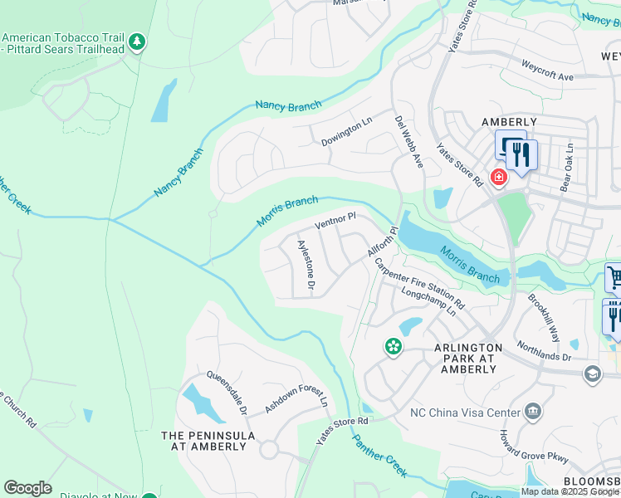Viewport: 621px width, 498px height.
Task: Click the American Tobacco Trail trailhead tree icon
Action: [x=138, y=41]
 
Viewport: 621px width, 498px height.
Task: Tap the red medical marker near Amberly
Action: [x=498, y=177]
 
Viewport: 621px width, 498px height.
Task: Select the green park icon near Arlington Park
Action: [x=392, y=345]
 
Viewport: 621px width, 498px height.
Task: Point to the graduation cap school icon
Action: [x=592, y=374]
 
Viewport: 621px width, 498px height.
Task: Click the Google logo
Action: [x=27, y=488]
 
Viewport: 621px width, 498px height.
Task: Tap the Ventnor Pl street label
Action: [x=335, y=221]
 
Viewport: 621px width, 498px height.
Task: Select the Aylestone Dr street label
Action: [x=306, y=264]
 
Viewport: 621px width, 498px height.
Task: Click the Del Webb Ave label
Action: [x=408, y=142]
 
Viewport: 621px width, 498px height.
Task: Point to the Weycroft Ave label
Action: [x=548, y=71]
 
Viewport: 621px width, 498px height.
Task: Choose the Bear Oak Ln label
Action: [x=567, y=168]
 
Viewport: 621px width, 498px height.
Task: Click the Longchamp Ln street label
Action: [x=428, y=302]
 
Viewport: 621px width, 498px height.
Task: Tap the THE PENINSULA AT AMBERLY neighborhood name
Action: [x=203, y=441]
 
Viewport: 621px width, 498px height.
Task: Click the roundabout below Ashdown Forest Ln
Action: [x=268, y=450]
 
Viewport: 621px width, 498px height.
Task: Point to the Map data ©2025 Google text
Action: [x=570, y=491]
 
